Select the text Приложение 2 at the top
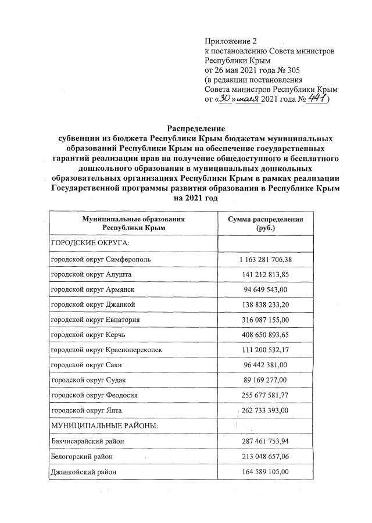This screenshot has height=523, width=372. [x=230, y=41]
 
